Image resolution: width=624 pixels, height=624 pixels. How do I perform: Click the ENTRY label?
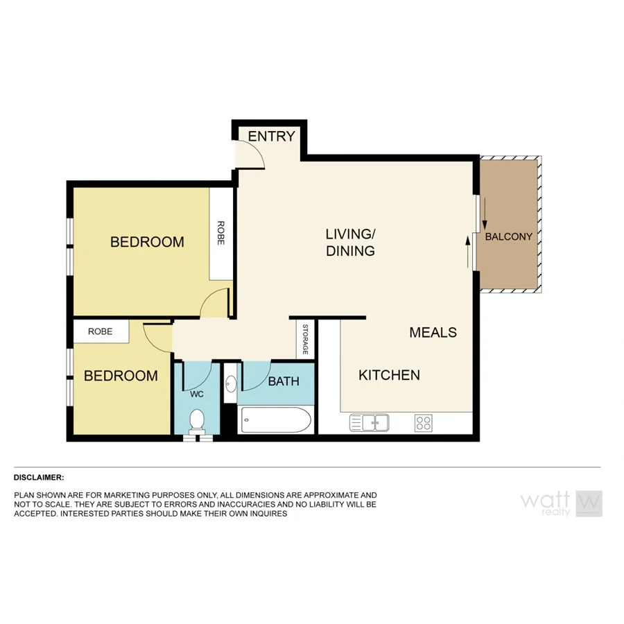[272, 137]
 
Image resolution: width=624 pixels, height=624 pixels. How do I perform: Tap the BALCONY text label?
[508, 236]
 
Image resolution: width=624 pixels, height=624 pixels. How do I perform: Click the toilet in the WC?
[197, 421]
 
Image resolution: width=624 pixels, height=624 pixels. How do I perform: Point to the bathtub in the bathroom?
[275, 419]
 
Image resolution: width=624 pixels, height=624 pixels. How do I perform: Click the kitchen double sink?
[370, 422]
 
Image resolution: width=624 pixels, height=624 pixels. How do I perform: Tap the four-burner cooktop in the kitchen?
[423, 422]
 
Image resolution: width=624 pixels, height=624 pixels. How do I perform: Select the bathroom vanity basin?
[230, 383]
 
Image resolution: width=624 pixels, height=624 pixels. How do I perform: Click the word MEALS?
[433, 332]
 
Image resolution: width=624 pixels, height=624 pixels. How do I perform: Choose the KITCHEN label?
[389, 375]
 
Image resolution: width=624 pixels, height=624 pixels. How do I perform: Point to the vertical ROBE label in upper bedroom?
[221, 233]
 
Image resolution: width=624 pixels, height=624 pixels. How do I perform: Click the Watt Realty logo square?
[589, 503]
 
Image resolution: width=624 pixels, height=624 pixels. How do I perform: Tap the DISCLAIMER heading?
[39, 477]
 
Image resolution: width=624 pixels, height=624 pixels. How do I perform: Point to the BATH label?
[284, 381]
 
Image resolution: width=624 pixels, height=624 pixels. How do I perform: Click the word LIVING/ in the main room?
[350, 233]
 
